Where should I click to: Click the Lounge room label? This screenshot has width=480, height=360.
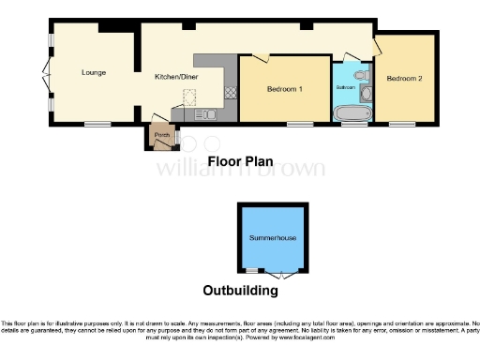click(93, 72)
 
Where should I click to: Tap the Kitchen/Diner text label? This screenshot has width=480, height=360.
click(174, 78)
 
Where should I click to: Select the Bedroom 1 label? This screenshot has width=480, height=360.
click(285, 89)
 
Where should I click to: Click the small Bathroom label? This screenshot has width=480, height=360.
click(347, 86)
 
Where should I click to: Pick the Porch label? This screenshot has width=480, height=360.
click(161, 136)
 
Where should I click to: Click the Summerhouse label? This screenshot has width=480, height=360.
click(273, 239)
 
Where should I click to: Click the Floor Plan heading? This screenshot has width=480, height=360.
click(239, 160)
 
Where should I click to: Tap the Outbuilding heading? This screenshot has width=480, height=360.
click(241, 291)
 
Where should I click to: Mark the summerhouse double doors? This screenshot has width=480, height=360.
click(280, 276)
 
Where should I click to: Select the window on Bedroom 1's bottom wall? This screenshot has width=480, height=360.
click(300, 124)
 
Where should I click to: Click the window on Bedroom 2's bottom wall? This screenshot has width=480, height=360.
click(402, 124)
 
